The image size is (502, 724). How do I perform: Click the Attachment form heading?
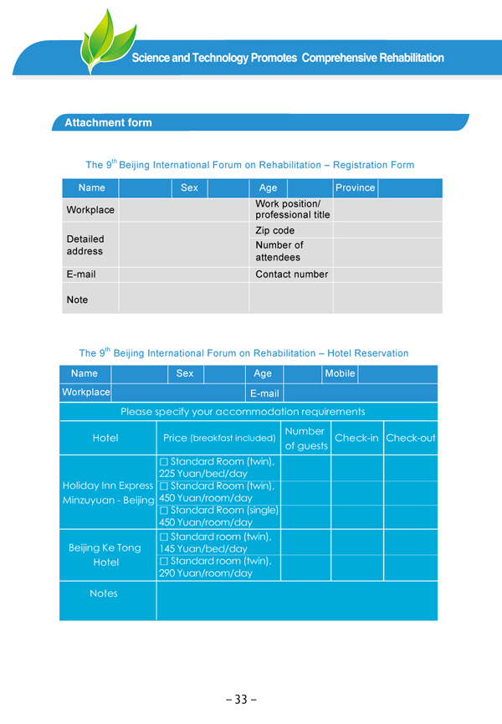108,123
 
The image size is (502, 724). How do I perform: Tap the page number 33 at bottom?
241,700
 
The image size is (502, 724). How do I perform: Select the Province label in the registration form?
355,187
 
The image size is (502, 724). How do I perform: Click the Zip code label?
274,230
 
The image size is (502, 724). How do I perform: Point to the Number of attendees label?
279,251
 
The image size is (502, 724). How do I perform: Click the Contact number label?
291,275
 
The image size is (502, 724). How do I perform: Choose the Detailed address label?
85,245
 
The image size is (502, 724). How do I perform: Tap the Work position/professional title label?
292,209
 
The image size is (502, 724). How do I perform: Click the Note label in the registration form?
77,300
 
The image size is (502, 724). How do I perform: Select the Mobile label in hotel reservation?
340,373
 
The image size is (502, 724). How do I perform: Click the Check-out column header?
410,438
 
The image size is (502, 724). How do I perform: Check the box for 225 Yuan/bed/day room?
165,461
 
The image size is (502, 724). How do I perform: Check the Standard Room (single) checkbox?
165,510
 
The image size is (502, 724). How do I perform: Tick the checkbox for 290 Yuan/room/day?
165,560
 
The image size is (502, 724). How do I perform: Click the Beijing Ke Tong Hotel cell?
105,555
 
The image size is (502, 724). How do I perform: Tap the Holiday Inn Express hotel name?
108,485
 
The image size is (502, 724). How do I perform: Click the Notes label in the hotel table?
104,593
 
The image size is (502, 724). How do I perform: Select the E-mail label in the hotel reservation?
264,393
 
